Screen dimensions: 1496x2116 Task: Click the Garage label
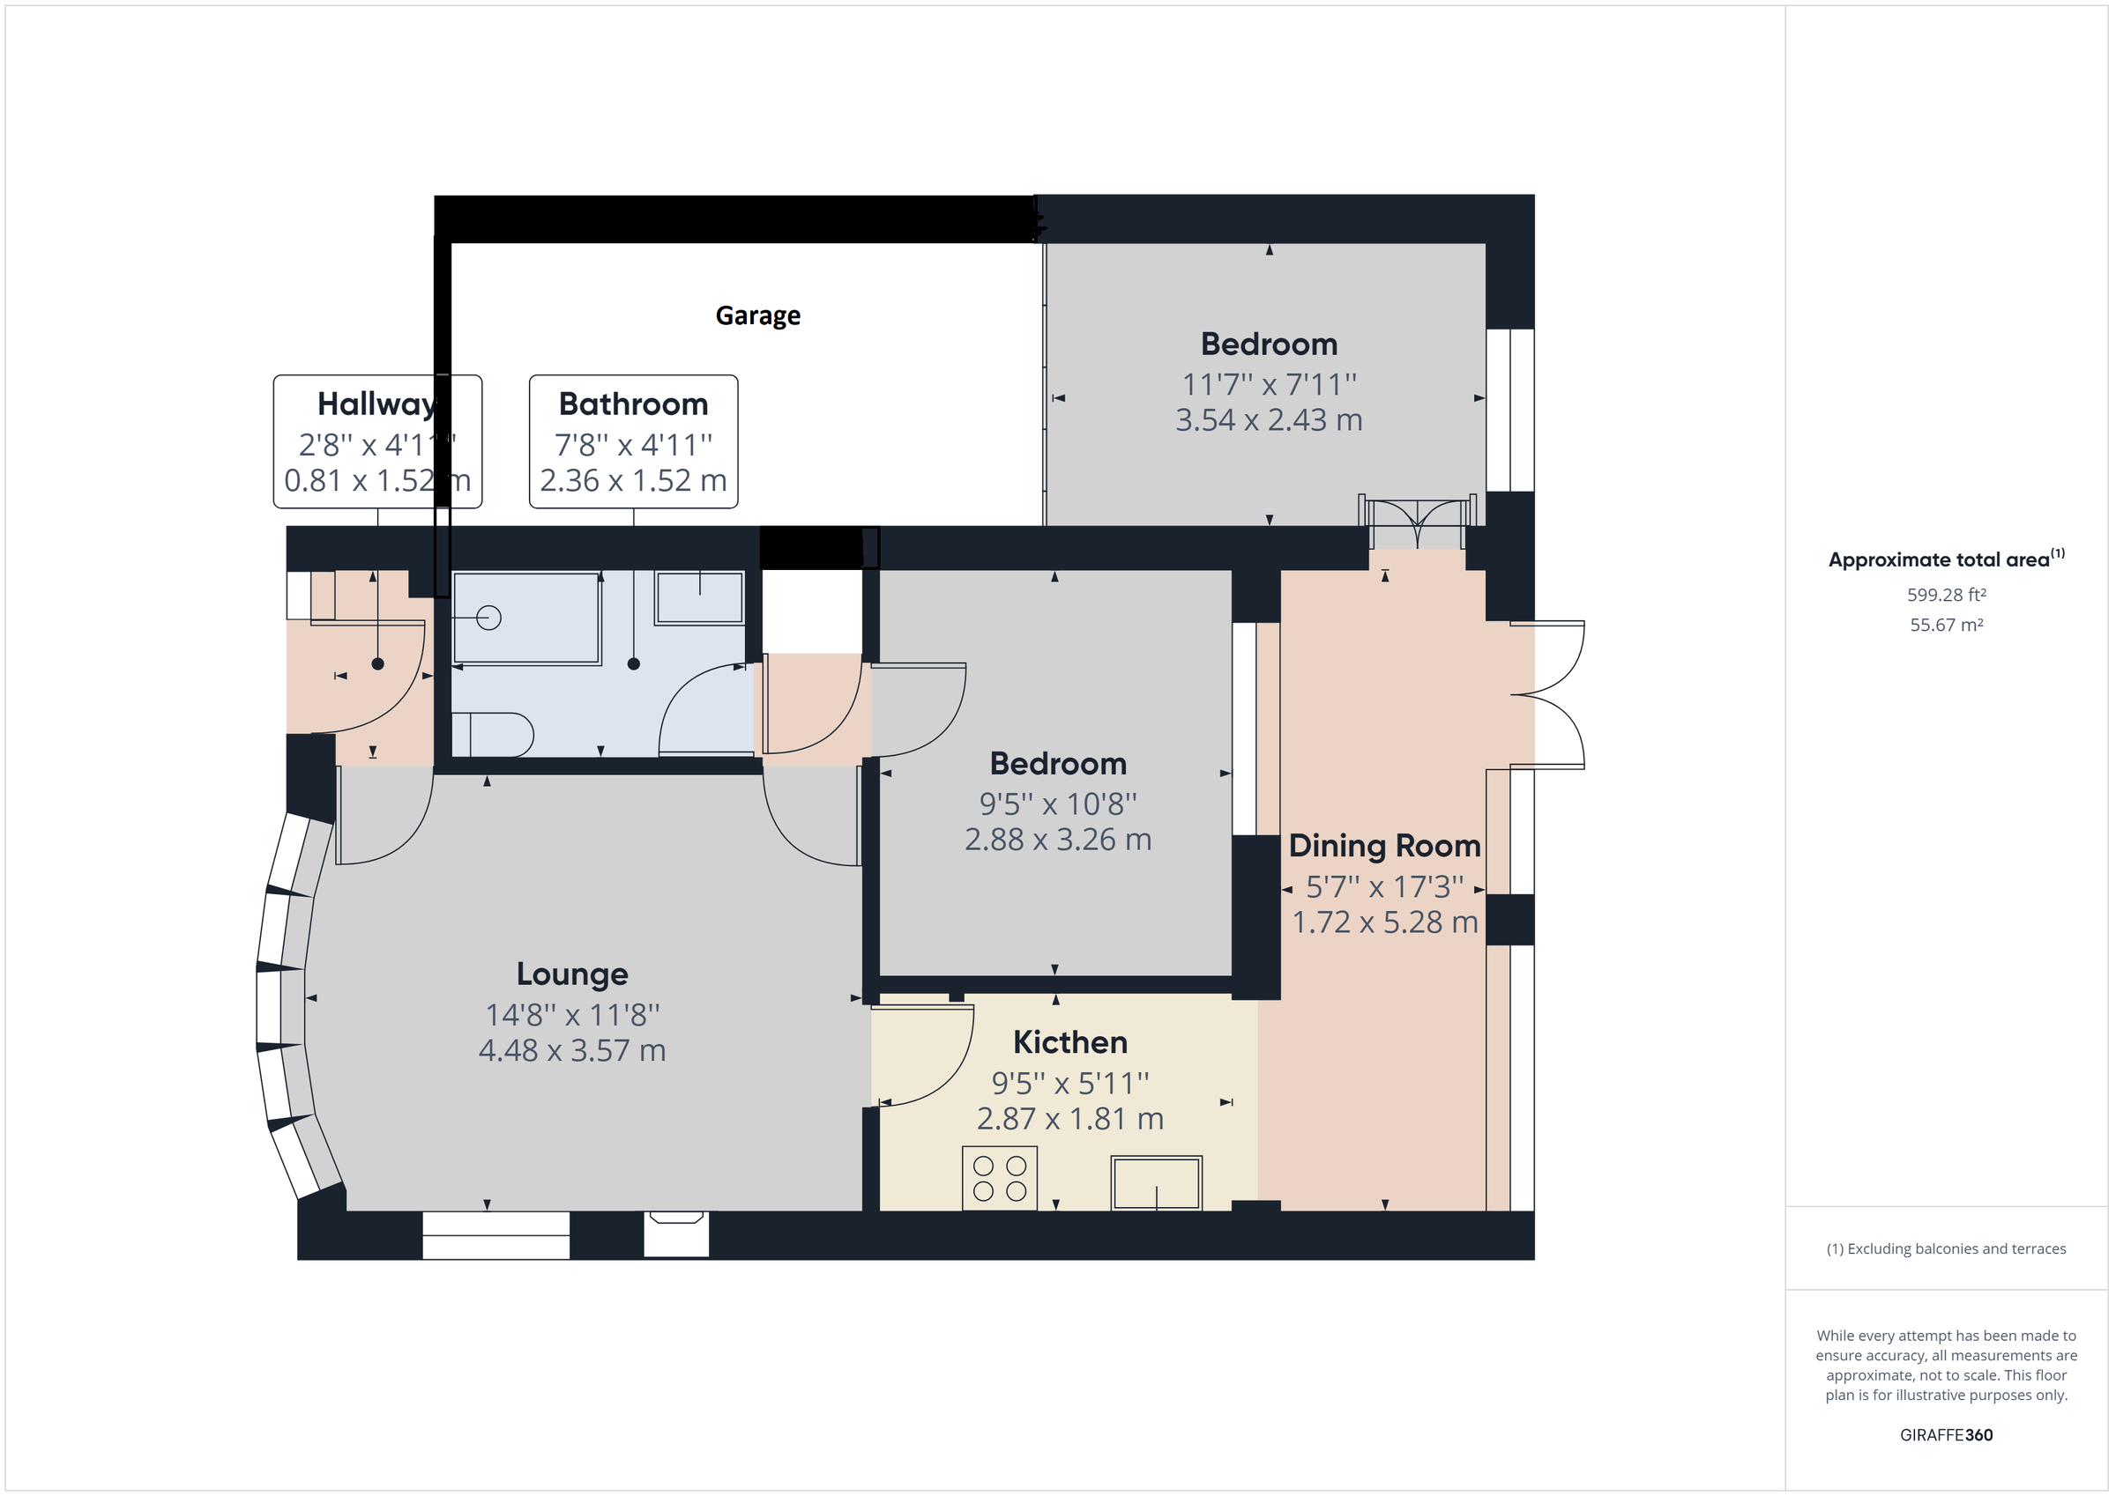(757, 316)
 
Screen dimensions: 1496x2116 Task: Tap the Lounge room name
(571, 974)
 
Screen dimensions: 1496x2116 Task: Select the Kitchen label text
(1070, 1042)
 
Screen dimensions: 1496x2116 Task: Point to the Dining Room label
(1384, 846)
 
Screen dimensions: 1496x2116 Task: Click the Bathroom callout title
(633, 404)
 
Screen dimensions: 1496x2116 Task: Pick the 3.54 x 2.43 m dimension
(1268, 420)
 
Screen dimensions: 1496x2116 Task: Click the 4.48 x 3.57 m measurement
(571, 1050)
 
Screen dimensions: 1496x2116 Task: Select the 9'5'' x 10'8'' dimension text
(1057, 804)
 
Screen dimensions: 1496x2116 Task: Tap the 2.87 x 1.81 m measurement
(1070, 1118)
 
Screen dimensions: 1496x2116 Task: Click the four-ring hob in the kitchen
(999, 1178)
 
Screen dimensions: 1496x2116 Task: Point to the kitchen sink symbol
(1156, 1183)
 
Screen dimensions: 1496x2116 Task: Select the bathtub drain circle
(488, 618)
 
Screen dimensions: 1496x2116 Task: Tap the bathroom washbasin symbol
(699, 597)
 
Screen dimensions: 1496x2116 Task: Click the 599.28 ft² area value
(1946, 595)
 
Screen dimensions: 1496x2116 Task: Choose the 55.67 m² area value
(1946, 625)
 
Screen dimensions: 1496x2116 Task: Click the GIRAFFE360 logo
(1946, 1434)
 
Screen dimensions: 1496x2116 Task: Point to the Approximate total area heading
(1939, 560)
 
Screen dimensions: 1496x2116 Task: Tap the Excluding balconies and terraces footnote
(1946, 1249)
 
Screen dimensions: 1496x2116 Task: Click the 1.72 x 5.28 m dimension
(1384, 922)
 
